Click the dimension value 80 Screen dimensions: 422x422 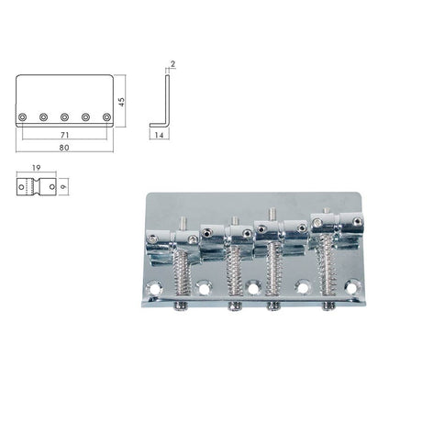64,147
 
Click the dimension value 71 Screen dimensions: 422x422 64,134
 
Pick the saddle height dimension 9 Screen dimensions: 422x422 53,185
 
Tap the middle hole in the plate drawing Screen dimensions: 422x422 65,117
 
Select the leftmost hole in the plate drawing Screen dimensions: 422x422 23,117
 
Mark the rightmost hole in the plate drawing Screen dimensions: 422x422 106,117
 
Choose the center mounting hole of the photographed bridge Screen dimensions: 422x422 252,287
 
